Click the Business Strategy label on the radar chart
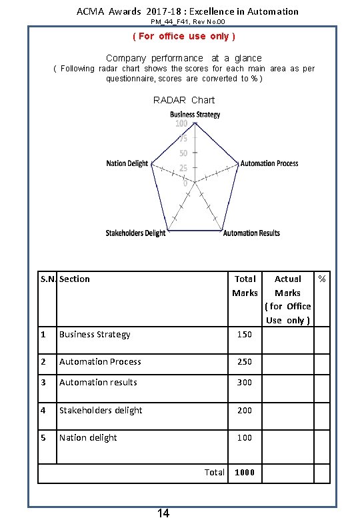point(195,114)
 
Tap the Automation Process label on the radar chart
point(269,163)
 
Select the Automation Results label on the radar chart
point(251,233)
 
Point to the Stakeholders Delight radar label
point(135,233)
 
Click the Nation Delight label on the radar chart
point(127,163)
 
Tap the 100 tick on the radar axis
point(181,123)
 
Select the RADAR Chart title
point(184,100)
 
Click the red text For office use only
point(184,36)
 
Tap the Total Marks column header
point(245,286)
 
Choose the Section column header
point(74,279)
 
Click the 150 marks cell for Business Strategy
point(245,334)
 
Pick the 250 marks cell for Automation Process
point(245,361)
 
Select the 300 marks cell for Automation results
point(245,382)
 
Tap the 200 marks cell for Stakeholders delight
point(245,410)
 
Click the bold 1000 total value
point(245,472)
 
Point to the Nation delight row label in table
point(88,437)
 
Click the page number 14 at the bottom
point(163,513)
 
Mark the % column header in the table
point(322,278)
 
